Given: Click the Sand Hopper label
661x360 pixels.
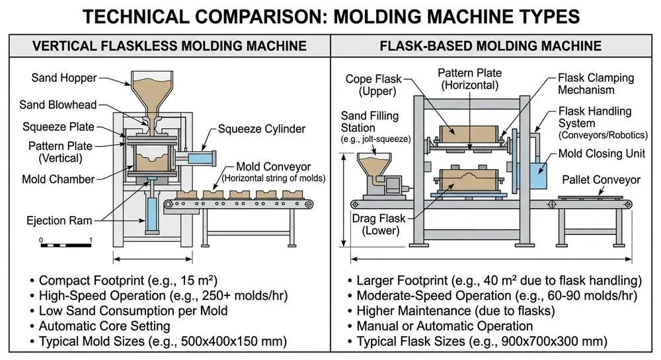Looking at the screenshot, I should tap(64, 78).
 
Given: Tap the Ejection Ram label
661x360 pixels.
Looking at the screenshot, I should tap(59, 220).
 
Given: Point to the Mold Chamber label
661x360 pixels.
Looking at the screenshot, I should tap(58, 179).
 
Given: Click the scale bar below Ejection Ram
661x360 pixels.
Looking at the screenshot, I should tap(65, 246).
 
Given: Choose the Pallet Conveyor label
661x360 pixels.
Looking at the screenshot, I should tap(601, 180).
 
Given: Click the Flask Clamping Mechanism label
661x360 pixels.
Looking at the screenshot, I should tap(596, 84).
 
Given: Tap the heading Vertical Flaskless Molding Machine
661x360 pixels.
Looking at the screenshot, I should tap(170, 46).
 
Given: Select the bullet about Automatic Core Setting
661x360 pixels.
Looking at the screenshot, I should tap(104, 326).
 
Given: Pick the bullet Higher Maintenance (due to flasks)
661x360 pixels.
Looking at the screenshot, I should tap(455, 310).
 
